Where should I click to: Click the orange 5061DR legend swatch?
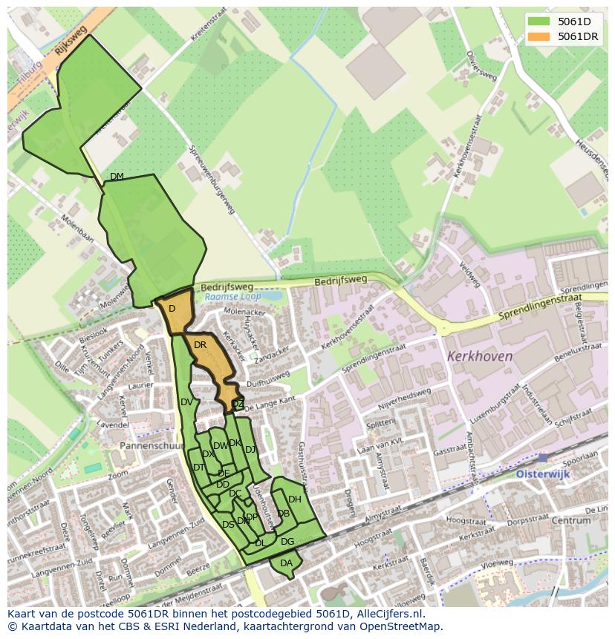pyautogui.click(x=540, y=36)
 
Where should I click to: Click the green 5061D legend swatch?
pyautogui.click(x=540, y=22)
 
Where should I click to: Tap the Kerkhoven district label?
pyautogui.click(x=480, y=356)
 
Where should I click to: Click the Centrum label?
pyautogui.click(x=571, y=520)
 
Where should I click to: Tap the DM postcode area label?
pyautogui.click(x=117, y=176)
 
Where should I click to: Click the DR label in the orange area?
pyautogui.click(x=200, y=345)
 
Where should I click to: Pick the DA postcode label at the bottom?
pyautogui.click(x=286, y=563)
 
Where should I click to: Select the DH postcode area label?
pyautogui.click(x=295, y=499)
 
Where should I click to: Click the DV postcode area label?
pyautogui.click(x=186, y=402)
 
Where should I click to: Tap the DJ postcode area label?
pyautogui.click(x=250, y=449)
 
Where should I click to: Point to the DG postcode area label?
pyautogui.click(x=287, y=542)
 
